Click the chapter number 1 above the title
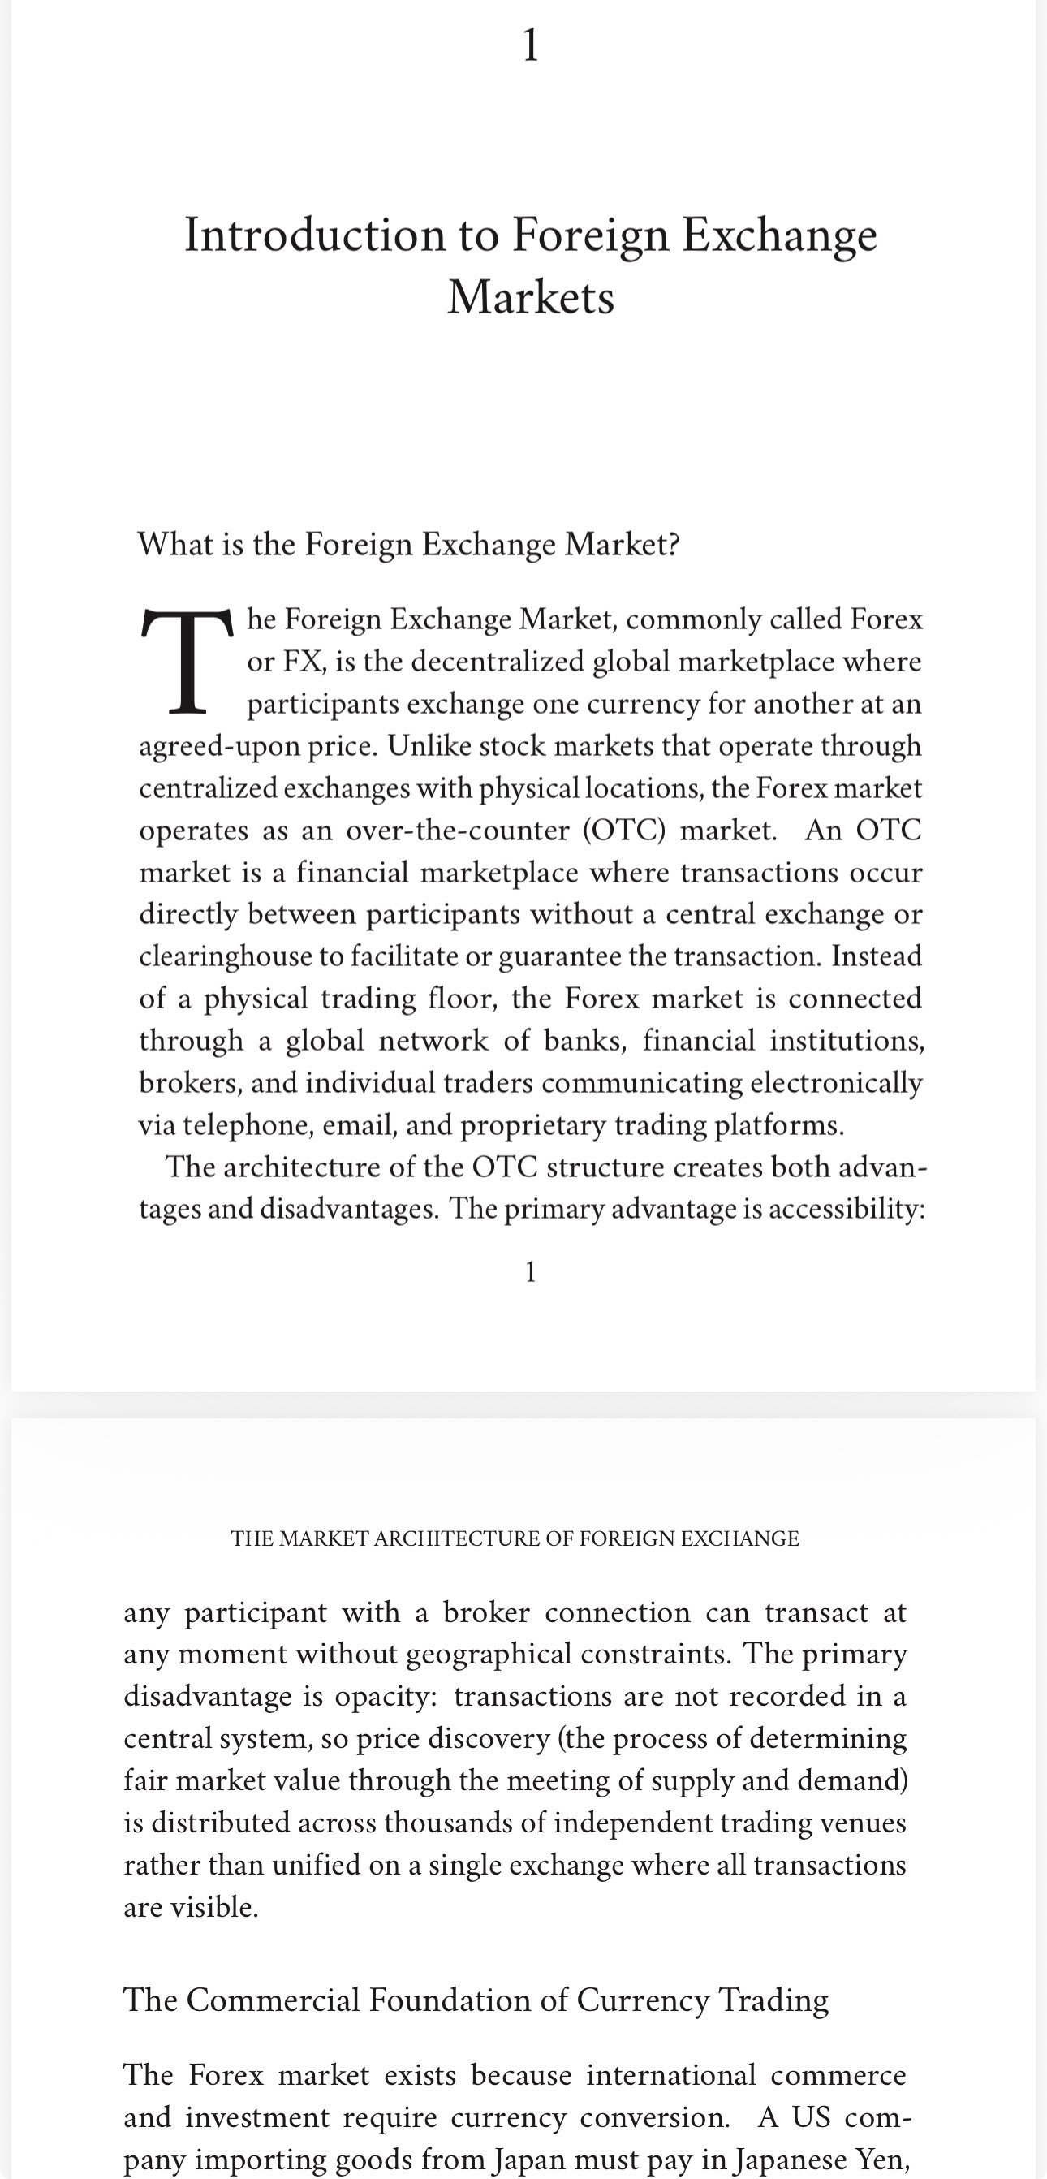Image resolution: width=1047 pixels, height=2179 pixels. tap(530, 45)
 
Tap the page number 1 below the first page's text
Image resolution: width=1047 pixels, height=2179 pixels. tap(530, 1271)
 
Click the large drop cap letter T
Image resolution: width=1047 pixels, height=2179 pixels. tap(187, 661)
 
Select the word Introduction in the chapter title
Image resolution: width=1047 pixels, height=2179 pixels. tap(315, 235)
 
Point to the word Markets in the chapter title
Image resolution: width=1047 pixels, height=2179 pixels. tap(530, 297)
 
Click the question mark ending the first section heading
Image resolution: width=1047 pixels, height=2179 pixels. tap(673, 544)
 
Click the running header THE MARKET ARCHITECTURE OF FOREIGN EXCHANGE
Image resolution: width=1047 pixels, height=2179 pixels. tap(515, 1538)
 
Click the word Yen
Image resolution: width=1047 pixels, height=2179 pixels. tap(881, 2159)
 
